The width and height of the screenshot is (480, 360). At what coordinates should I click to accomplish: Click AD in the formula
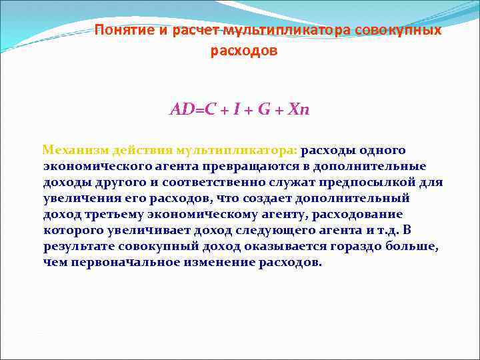pos(181,109)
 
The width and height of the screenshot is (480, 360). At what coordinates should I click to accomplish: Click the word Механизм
pos(72,150)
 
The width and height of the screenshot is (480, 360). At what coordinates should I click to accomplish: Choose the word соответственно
pos(199,182)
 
